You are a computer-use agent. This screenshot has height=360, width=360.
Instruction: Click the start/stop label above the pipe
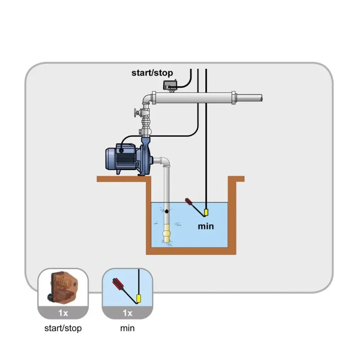[152, 72]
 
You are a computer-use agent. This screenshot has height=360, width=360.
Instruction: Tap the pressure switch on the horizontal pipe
[171, 84]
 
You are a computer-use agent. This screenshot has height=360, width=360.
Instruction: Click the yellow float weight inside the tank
[206, 212]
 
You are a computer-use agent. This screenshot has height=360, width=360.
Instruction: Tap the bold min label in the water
[206, 226]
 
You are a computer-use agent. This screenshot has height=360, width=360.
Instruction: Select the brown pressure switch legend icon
[63, 287]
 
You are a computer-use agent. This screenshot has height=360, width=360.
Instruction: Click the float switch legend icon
[127, 287]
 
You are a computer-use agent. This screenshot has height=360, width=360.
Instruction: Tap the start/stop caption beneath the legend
[63, 328]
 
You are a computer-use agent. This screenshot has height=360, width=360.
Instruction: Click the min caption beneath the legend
[127, 328]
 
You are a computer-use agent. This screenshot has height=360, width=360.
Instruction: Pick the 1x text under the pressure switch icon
[63, 312]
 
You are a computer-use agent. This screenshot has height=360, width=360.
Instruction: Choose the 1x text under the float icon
[127, 312]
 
